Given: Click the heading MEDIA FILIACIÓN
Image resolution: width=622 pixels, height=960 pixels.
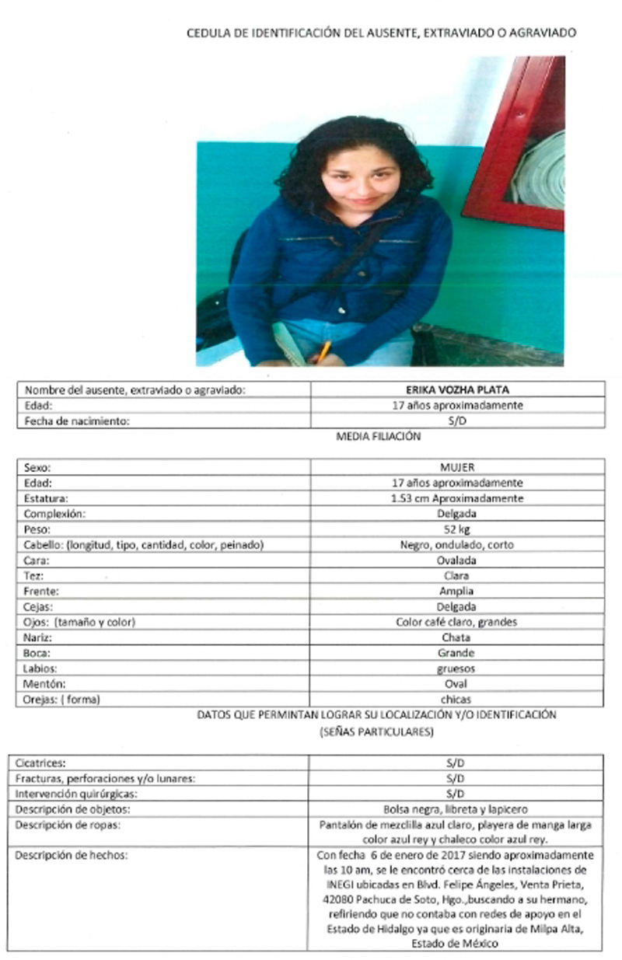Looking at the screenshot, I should pos(378,437).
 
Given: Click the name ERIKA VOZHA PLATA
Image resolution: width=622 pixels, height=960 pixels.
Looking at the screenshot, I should pos(457,389).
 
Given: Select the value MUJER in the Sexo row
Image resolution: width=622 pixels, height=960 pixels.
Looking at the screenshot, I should pos(457,468).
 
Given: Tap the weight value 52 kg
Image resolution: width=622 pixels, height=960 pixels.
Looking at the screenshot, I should pos(457,529).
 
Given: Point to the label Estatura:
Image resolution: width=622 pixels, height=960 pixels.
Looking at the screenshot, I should pos(47,498).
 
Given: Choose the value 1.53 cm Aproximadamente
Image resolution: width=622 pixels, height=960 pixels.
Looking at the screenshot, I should pos(457,498).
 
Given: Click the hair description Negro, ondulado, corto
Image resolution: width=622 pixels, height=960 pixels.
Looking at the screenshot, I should pos(457,545).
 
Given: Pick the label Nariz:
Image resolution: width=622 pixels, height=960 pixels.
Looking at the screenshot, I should pos(39,637).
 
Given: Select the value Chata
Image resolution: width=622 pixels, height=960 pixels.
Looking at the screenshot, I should pos(457,637).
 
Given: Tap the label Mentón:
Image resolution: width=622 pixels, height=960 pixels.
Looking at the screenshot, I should pos(44,684).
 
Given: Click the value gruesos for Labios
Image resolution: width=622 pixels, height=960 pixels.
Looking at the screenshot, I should pos(457,669).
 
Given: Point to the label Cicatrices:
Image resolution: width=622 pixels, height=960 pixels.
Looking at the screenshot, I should pos(45,763).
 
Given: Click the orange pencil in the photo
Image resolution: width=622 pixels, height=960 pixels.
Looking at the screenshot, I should pos(323,351).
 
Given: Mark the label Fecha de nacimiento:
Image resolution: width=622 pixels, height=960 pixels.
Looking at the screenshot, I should pos(75,421).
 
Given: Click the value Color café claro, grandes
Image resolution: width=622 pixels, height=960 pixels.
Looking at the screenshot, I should pos(457,622).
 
